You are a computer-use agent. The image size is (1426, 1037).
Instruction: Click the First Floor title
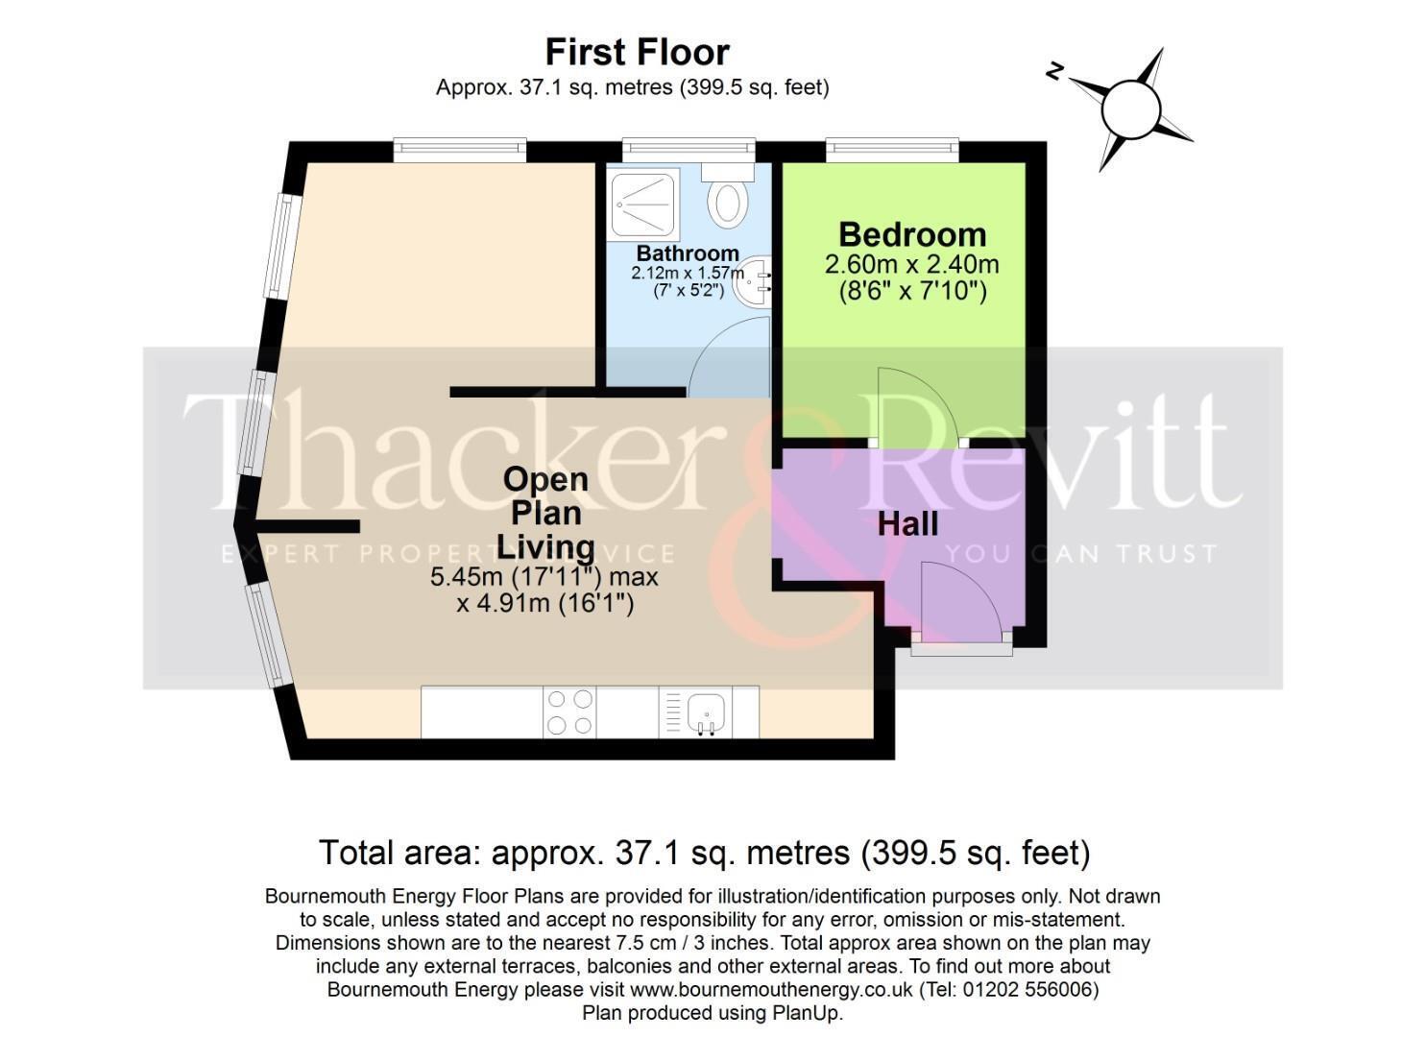[638, 52]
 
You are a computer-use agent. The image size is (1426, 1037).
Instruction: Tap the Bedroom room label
[912, 234]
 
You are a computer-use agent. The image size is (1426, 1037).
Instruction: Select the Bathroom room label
[688, 253]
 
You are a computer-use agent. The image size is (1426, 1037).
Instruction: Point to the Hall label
[907, 524]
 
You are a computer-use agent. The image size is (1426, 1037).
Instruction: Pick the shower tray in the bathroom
[644, 203]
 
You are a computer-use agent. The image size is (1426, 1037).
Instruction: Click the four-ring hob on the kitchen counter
[569, 711]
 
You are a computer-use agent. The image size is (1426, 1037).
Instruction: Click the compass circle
[1130, 109]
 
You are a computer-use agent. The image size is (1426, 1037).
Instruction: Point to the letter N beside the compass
[1054, 71]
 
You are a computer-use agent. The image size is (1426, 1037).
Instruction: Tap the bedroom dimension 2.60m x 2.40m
[911, 264]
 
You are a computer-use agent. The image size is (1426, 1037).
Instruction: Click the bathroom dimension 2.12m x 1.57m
[688, 273]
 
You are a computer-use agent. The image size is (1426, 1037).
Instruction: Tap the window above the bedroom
[892, 149]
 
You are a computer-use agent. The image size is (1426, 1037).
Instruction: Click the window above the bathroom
[689, 149]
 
